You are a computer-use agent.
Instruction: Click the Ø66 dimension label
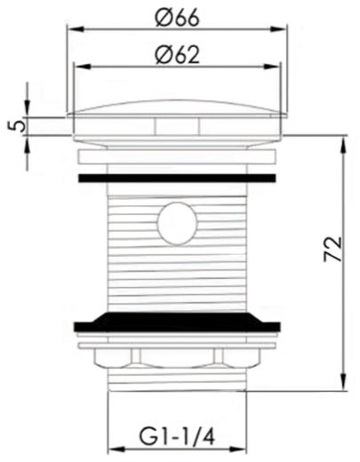pyautogui.click(x=175, y=16)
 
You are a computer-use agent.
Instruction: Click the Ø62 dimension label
pyautogui.click(x=175, y=55)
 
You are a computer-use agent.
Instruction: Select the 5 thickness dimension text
pyautogui.click(x=12, y=124)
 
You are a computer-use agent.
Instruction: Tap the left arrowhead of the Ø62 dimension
pyautogui.click(x=78, y=68)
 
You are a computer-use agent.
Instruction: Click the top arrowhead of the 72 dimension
pyautogui.click(x=342, y=140)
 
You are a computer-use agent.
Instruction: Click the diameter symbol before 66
pyautogui.click(x=161, y=16)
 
